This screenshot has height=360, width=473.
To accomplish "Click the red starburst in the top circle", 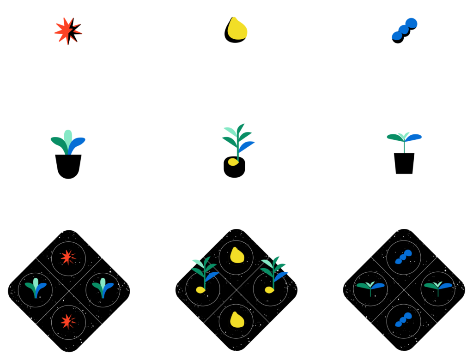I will click(67, 31).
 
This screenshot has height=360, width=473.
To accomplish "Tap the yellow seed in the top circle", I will click(236, 30).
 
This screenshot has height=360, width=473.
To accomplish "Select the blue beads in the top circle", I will click(405, 30).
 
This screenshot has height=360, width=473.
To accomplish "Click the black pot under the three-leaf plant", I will click(68, 166).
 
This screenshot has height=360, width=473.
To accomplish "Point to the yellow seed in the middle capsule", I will click(234, 162).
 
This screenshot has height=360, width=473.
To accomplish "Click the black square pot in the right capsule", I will click(404, 163).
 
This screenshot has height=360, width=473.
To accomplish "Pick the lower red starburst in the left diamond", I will click(68, 321).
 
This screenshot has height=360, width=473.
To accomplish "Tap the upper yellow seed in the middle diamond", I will click(236, 256).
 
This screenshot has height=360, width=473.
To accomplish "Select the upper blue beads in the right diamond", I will click(404, 257).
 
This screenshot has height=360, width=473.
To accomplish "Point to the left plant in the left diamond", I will click(36, 288).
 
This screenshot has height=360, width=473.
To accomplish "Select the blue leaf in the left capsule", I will click(77, 146).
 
